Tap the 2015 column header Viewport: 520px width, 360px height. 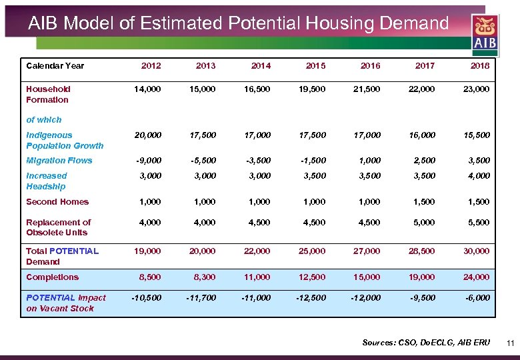pyautogui.click(x=315, y=66)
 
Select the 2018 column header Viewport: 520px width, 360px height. pyautogui.click(x=479, y=66)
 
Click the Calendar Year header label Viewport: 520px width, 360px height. pyautogui.click(x=55, y=66)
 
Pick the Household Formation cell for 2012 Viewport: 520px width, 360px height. pyautogui.click(x=147, y=89)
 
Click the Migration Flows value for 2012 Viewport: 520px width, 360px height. pyautogui.click(x=148, y=161)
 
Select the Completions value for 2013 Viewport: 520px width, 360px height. pyautogui.click(x=203, y=277)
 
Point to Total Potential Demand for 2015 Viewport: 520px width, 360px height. pyautogui.click(x=312, y=251)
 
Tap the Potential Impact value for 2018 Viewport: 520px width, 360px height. pyautogui.click(x=477, y=298)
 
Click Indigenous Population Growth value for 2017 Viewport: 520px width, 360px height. pyautogui.click(x=422, y=135)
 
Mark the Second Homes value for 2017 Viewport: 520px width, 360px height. pyautogui.click(x=425, y=202)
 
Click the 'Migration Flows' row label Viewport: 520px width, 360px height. pyautogui.click(x=59, y=161)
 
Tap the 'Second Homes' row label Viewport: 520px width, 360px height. pyautogui.click(x=57, y=202)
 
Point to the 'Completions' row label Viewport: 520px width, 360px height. pyautogui.click(x=52, y=277)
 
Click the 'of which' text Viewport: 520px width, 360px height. pyautogui.click(x=43, y=120)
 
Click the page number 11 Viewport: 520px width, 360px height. pyautogui.click(x=510, y=344)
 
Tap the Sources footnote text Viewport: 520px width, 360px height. pyautogui.click(x=425, y=343)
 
